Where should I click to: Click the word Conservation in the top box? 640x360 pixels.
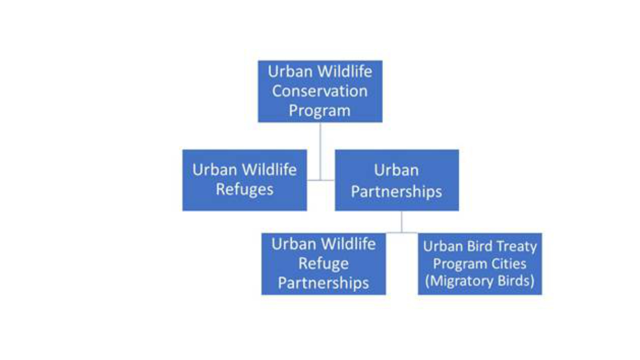click(319, 91)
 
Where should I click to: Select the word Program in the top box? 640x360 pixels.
click(319, 111)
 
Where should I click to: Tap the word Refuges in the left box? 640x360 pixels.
click(245, 190)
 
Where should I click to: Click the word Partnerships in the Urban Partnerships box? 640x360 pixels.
click(397, 191)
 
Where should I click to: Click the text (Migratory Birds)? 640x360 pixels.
click(479, 281)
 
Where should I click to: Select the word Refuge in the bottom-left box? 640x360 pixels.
click(323, 263)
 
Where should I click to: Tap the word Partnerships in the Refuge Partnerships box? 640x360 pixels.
click(323, 283)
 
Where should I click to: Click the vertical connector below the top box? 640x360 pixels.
click(321, 151)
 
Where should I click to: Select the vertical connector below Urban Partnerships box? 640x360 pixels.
click(402, 222)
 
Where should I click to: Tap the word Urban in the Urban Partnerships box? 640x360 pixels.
click(397, 171)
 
